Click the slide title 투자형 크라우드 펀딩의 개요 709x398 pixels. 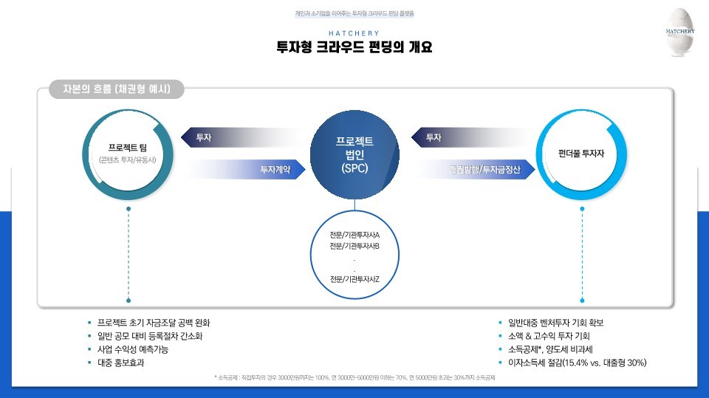pos(354,48)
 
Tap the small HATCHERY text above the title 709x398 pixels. pos(354,33)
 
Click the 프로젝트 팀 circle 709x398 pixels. pos(129,151)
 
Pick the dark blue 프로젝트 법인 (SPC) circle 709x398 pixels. pos(354,154)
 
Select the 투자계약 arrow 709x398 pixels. pos(244,170)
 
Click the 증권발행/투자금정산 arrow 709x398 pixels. pos(480,170)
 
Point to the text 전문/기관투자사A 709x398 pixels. pos(354,235)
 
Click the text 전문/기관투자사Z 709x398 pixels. pos(354,278)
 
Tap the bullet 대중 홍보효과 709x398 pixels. pos(120,363)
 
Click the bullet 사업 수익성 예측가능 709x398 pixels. pos(134,349)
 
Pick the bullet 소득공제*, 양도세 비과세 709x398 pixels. pos(549,349)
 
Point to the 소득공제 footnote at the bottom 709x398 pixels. pos(354,377)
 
